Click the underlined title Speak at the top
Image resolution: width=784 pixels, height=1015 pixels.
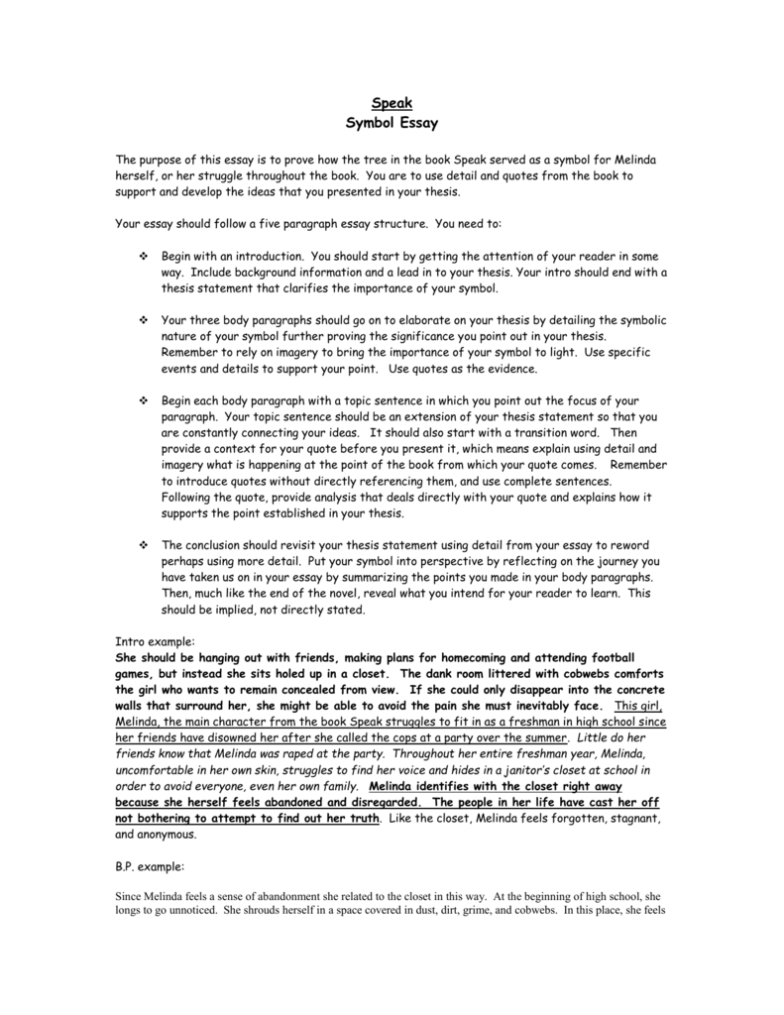[392, 104]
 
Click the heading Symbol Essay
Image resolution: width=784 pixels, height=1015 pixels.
[392, 124]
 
